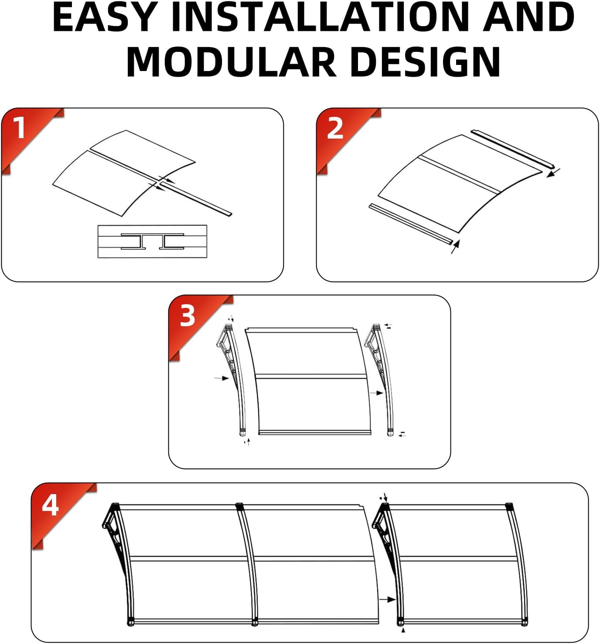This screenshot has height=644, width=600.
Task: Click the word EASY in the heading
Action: click(x=104, y=17)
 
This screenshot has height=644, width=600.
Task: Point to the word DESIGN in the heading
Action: click(x=426, y=61)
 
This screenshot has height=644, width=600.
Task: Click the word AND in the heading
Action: click(x=528, y=17)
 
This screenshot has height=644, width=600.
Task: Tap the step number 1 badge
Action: click(x=20, y=128)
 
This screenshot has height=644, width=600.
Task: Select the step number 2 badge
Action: click(x=335, y=128)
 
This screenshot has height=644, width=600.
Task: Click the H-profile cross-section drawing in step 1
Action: click(x=152, y=241)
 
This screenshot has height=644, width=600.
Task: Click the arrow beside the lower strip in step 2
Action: click(x=456, y=247)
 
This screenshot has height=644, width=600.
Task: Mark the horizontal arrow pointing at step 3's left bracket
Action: click(x=222, y=378)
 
